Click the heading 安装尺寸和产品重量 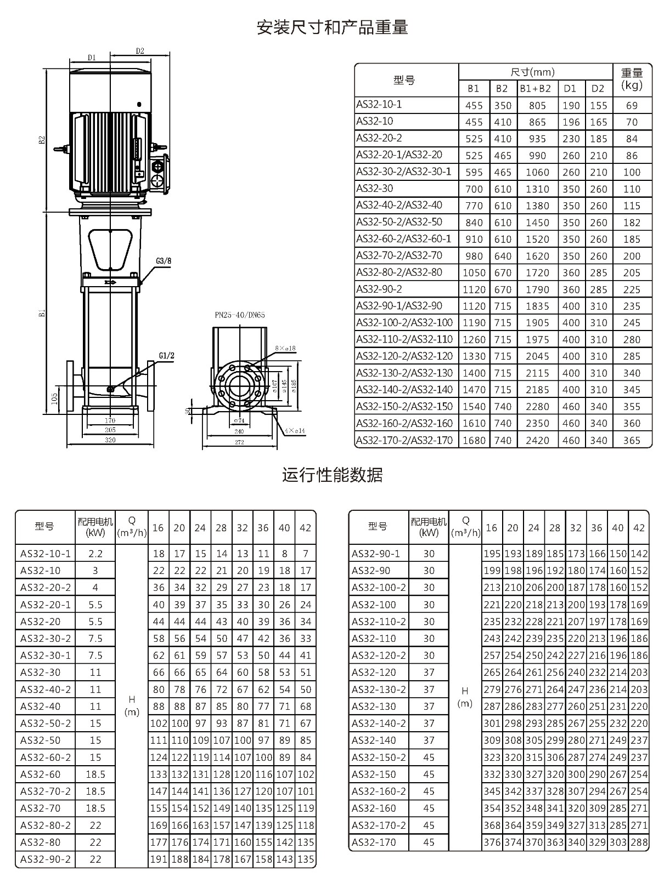click(x=332, y=27)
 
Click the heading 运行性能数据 click(x=332, y=475)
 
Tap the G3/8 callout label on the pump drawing click(x=163, y=261)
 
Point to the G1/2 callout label click(x=166, y=356)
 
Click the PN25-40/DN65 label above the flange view click(x=240, y=315)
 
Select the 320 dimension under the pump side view click(x=110, y=440)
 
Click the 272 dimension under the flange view click(x=239, y=442)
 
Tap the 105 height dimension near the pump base click(x=55, y=398)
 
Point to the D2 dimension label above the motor click(x=139, y=51)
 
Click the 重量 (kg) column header click(x=632, y=79)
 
